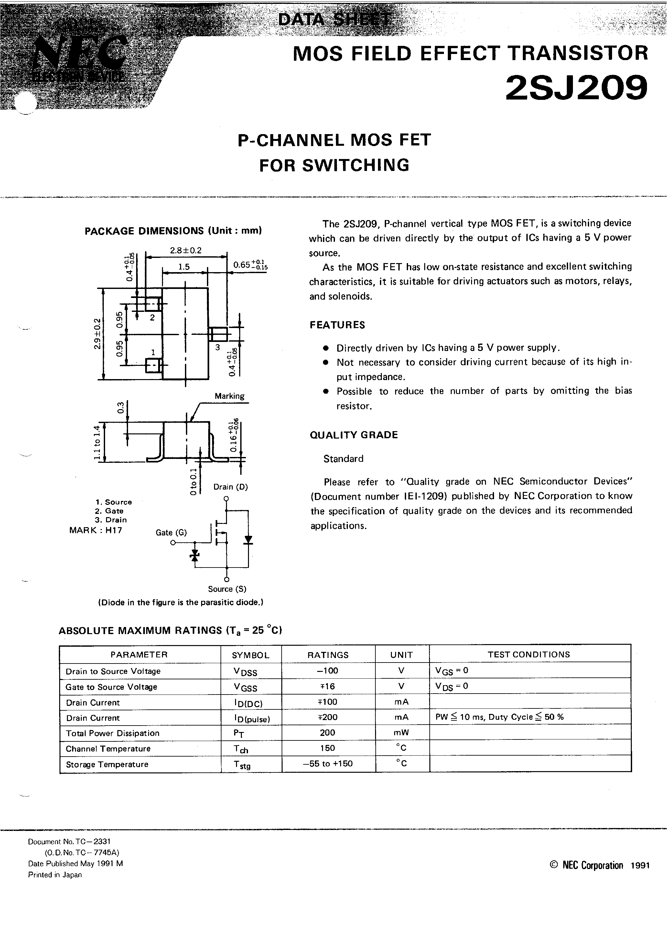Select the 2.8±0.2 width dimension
click(x=186, y=250)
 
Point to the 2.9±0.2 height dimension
click(x=97, y=334)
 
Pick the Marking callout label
click(x=229, y=396)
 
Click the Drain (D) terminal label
click(x=230, y=487)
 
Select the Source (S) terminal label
click(x=227, y=589)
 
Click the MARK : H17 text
click(x=96, y=530)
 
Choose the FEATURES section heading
click(x=337, y=325)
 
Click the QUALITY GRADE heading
click(x=353, y=435)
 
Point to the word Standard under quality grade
click(x=343, y=459)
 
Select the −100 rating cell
click(x=328, y=671)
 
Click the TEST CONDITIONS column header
click(x=529, y=654)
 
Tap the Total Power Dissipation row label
click(x=113, y=733)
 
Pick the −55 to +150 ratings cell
click(x=328, y=763)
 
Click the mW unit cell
click(x=401, y=733)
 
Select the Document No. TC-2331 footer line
click(x=69, y=842)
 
